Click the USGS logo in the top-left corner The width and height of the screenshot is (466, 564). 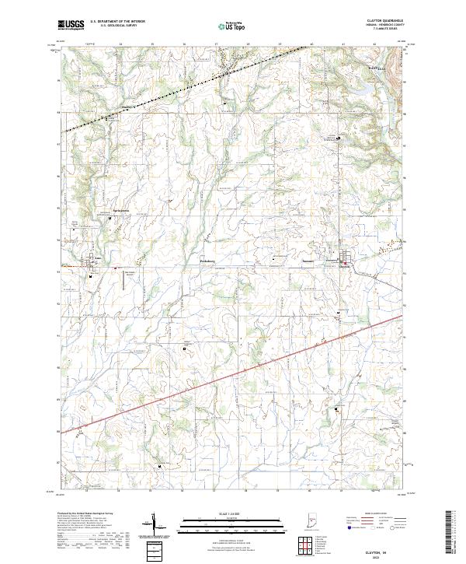click(x=72, y=26)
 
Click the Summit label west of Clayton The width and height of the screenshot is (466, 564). click(x=308, y=261)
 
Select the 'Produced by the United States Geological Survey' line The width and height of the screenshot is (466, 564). click(x=85, y=515)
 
